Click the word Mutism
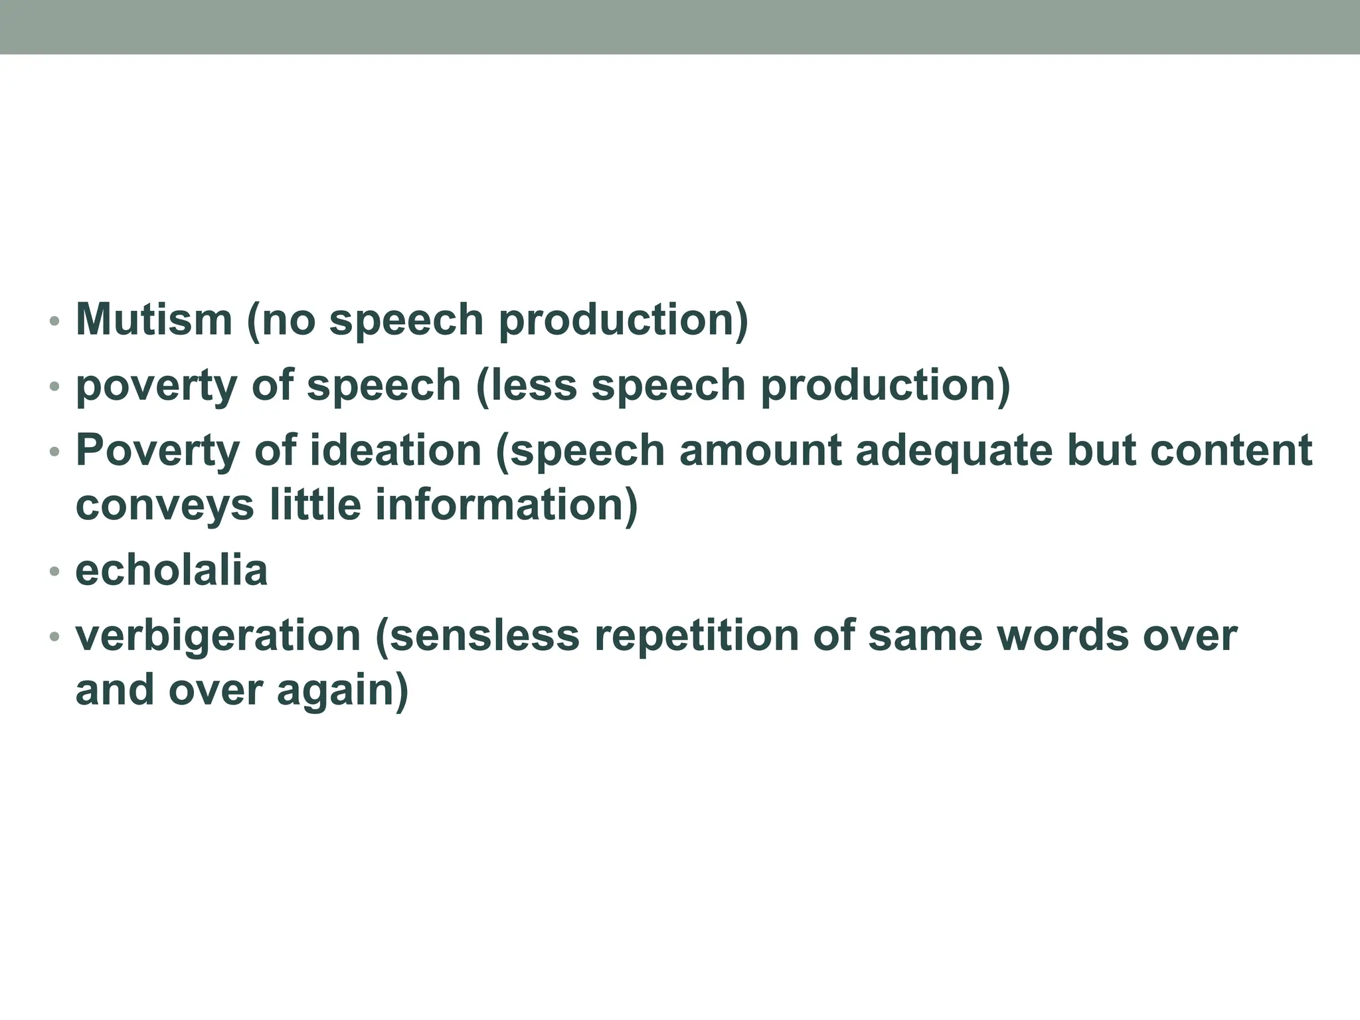[x=154, y=319]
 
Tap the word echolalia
[x=171, y=570]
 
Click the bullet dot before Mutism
[x=55, y=321]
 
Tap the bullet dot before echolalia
[x=55, y=571]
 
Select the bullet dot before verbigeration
[x=55, y=637]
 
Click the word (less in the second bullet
[x=527, y=386]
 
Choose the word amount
[x=760, y=451]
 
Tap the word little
[x=315, y=505]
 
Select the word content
[x=1231, y=451]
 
